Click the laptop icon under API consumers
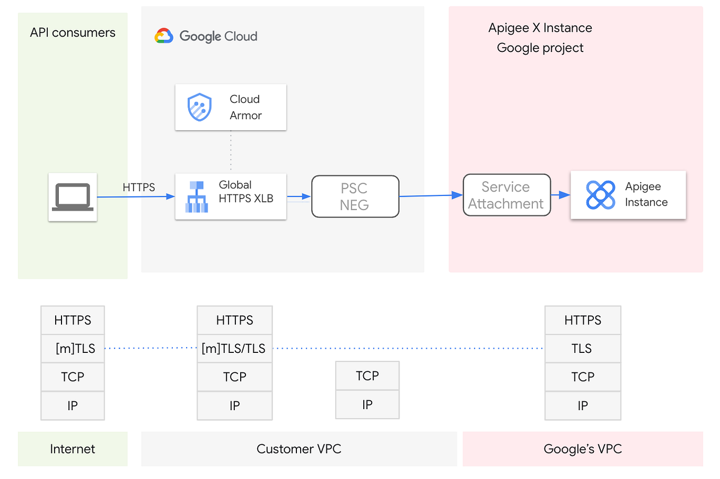coord(73,197)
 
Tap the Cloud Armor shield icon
coord(199,107)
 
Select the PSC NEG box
coord(355,197)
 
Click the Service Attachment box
coord(506,195)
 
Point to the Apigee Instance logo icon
coord(600,195)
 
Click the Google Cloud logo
coord(164,36)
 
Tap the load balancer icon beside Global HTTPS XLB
coord(197,197)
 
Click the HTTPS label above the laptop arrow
coord(138,188)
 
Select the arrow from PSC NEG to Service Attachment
coord(430,196)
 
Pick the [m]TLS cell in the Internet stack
coord(73,349)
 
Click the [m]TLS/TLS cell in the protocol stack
coord(234,349)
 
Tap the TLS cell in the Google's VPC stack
coord(582,349)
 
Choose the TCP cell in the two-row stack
coord(367,376)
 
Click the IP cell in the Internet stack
coord(73,406)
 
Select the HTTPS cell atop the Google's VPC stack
coord(582,320)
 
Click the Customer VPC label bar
coord(298,449)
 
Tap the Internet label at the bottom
coord(73,449)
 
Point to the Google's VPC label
coord(582,449)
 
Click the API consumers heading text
coord(73,33)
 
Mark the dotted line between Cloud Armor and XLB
coord(231,152)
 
